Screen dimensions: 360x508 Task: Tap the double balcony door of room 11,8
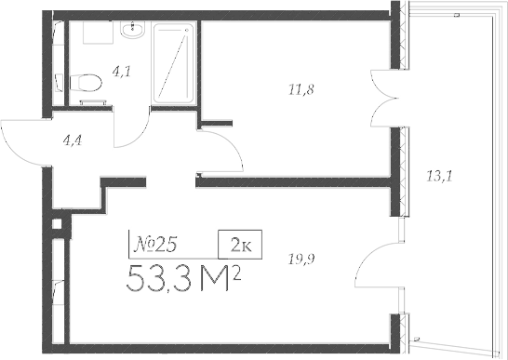tap(383, 100)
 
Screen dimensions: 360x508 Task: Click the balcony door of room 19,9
tap(377, 263)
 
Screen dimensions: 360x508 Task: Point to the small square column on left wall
tap(58, 224)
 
